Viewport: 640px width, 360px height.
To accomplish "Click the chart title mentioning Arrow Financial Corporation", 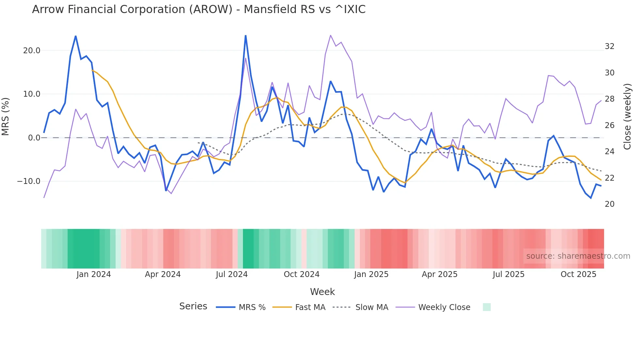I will point(199,9).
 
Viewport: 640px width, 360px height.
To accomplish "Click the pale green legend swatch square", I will point(487,307).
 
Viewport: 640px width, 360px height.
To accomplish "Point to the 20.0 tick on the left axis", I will point(32,51).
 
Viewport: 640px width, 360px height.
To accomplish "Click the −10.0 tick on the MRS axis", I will point(29,181).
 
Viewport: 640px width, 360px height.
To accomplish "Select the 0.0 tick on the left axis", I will point(34,138).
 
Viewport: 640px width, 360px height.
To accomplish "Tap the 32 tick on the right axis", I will point(609,46).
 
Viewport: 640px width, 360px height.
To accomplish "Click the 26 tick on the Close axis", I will point(609,125).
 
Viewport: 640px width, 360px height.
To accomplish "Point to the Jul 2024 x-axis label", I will point(232,274).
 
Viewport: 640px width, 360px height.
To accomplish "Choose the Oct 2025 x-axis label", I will point(578,274).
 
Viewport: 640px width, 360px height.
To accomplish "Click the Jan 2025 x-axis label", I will point(371,274).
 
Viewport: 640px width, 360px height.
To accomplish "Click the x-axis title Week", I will point(322,292).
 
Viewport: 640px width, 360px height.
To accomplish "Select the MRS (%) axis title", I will point(6,116).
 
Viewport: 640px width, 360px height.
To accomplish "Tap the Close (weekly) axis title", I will point(627,117).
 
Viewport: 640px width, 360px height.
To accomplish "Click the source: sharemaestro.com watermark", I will point(578,256).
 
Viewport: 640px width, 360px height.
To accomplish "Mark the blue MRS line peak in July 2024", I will point(246,36).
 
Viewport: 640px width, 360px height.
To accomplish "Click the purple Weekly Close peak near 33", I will point(330,35).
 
